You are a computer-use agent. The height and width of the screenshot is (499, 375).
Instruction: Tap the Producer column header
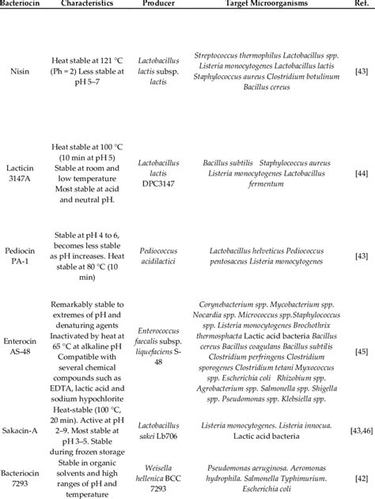click(x=159, y=4)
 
